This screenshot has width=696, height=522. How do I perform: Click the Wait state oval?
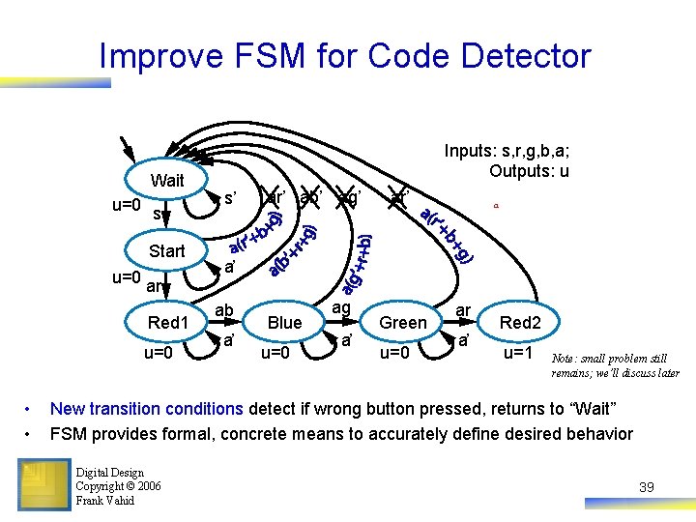[x=167, y=181]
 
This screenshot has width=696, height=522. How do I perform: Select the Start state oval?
[x=167, y=251]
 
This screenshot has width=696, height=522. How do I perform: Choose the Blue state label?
[x=284, y=322]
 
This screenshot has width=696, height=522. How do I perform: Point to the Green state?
[x=403, y=322]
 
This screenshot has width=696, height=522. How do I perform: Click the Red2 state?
[x=520, y=322]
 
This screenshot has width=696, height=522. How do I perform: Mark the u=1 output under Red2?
[x=520, y=353]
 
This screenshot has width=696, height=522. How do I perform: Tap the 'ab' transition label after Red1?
[x=224, y=310]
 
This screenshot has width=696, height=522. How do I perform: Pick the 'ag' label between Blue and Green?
[x=341, y=307]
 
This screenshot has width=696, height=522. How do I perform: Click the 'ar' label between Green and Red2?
[x=463, y=310]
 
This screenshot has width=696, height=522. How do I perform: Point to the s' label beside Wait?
[x=231, y=198]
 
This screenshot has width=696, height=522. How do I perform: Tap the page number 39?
[x=646, y=487]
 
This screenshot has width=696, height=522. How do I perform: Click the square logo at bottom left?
[x=43, y=481]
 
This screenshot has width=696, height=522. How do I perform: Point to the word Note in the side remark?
[x=565, y=360]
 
